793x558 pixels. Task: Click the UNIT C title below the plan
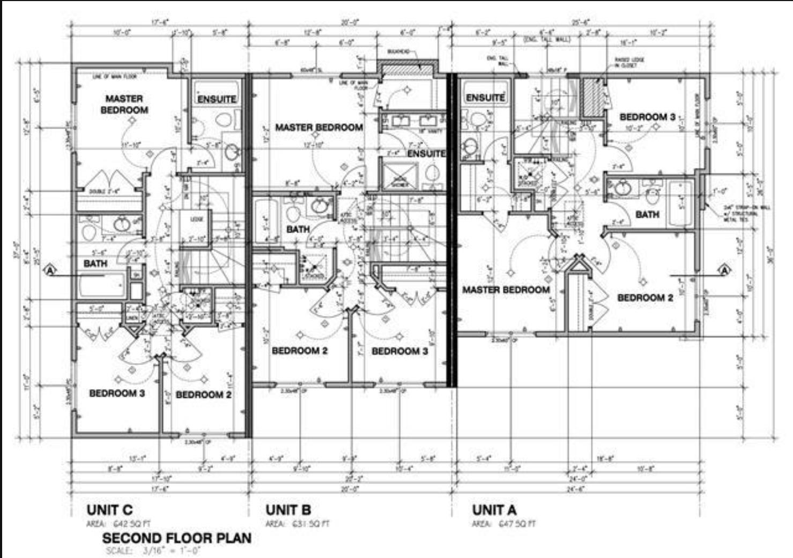[109, 510]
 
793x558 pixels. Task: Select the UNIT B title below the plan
[288, 510]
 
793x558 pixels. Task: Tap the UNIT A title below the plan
[494, 510]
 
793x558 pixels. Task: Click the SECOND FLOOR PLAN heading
[176, 538]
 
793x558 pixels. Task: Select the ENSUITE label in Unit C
[217, 99]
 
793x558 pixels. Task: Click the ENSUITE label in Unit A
[485, 98]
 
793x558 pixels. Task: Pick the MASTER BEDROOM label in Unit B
[318, 128]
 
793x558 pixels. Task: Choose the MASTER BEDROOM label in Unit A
[506, 290]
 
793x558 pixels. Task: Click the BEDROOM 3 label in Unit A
[647, 117]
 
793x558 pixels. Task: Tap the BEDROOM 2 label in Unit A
[645, 297]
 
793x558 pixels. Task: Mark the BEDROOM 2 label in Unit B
[299, 351]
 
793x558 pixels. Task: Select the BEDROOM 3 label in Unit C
[117, 393]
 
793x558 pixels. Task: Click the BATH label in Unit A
[647, 214]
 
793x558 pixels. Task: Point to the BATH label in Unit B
[298, 229]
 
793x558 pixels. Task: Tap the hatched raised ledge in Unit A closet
[592, 97]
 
